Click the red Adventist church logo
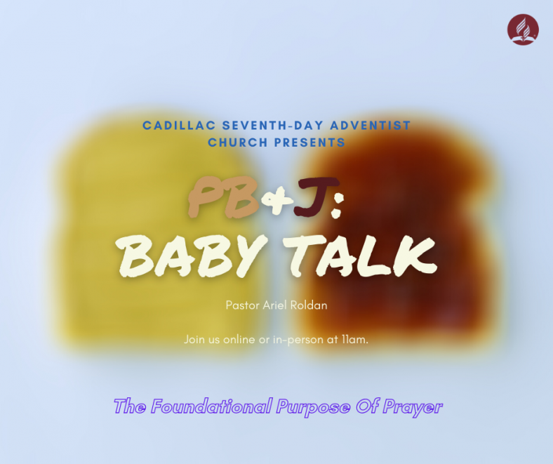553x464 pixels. [523, 29]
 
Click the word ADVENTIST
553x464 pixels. [371, 125]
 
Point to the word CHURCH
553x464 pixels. [238, 142]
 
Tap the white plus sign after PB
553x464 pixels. [277, 200]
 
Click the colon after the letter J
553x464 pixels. [336, 206]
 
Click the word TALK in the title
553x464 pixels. [361, 255]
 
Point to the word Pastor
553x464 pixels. [243, 305]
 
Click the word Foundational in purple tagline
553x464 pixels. [212, 406]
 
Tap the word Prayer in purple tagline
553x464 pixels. [412, 408]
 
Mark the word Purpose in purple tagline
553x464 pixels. [313, 408]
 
